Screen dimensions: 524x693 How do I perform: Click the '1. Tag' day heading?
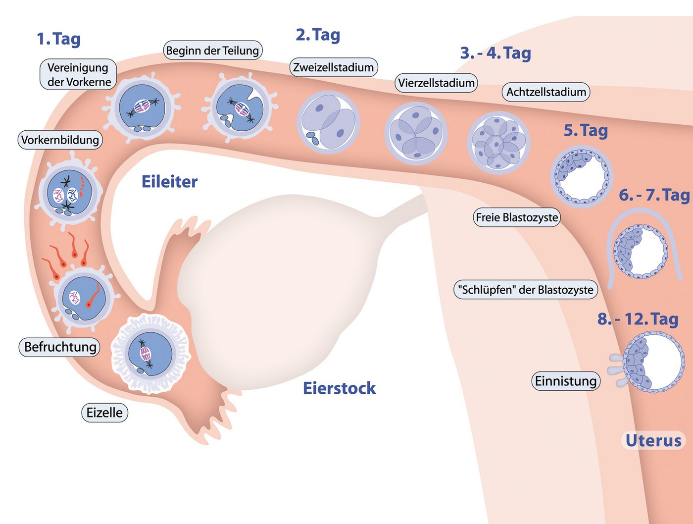(58, 39)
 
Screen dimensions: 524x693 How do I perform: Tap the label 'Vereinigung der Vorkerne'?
(78, 75)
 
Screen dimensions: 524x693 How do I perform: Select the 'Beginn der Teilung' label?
(212, 51)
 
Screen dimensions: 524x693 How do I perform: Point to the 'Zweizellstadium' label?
(333, 67)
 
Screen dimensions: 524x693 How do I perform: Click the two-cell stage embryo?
(328, 122)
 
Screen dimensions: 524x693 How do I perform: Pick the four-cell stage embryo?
(416, 133)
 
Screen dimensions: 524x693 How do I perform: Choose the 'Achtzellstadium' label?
(546, 92)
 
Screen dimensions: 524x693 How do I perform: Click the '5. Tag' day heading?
(586, 130)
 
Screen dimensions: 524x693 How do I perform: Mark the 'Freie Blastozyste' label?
(517, 217)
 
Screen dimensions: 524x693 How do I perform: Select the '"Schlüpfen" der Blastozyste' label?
(525, 290)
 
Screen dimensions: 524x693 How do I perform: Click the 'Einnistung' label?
(566, 381)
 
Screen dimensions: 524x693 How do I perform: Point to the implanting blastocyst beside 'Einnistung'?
(652, 362)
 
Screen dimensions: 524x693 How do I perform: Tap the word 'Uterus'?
(653, 440)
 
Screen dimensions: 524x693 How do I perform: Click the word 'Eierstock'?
(339, 388)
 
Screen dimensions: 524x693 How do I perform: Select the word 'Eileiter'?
(169, 182)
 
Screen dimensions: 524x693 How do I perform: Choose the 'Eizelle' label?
(104, 413)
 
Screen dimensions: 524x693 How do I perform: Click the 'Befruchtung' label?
(60, 347)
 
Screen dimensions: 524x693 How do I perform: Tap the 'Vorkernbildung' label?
(60, 140)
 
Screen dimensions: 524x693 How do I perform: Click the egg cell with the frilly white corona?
(150, 353)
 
